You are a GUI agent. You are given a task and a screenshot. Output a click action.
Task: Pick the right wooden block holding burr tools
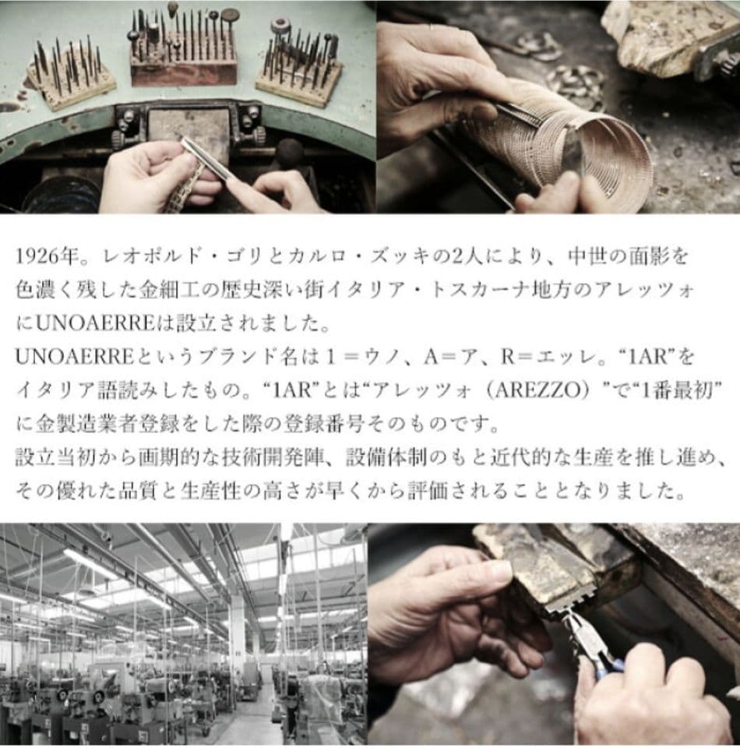(x=300, y=74)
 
